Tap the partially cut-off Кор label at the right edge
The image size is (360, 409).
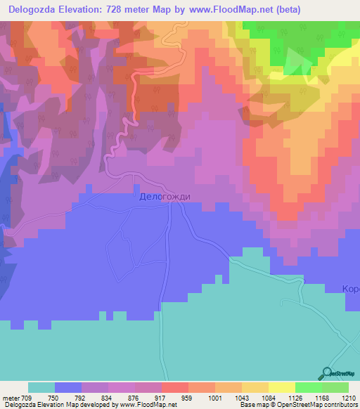(351, 289)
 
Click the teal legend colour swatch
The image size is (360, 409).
(41, 387)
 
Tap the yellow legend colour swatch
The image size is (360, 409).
(282, 387)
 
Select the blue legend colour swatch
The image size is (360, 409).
(68, 387)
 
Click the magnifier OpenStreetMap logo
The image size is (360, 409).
(327, 373)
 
